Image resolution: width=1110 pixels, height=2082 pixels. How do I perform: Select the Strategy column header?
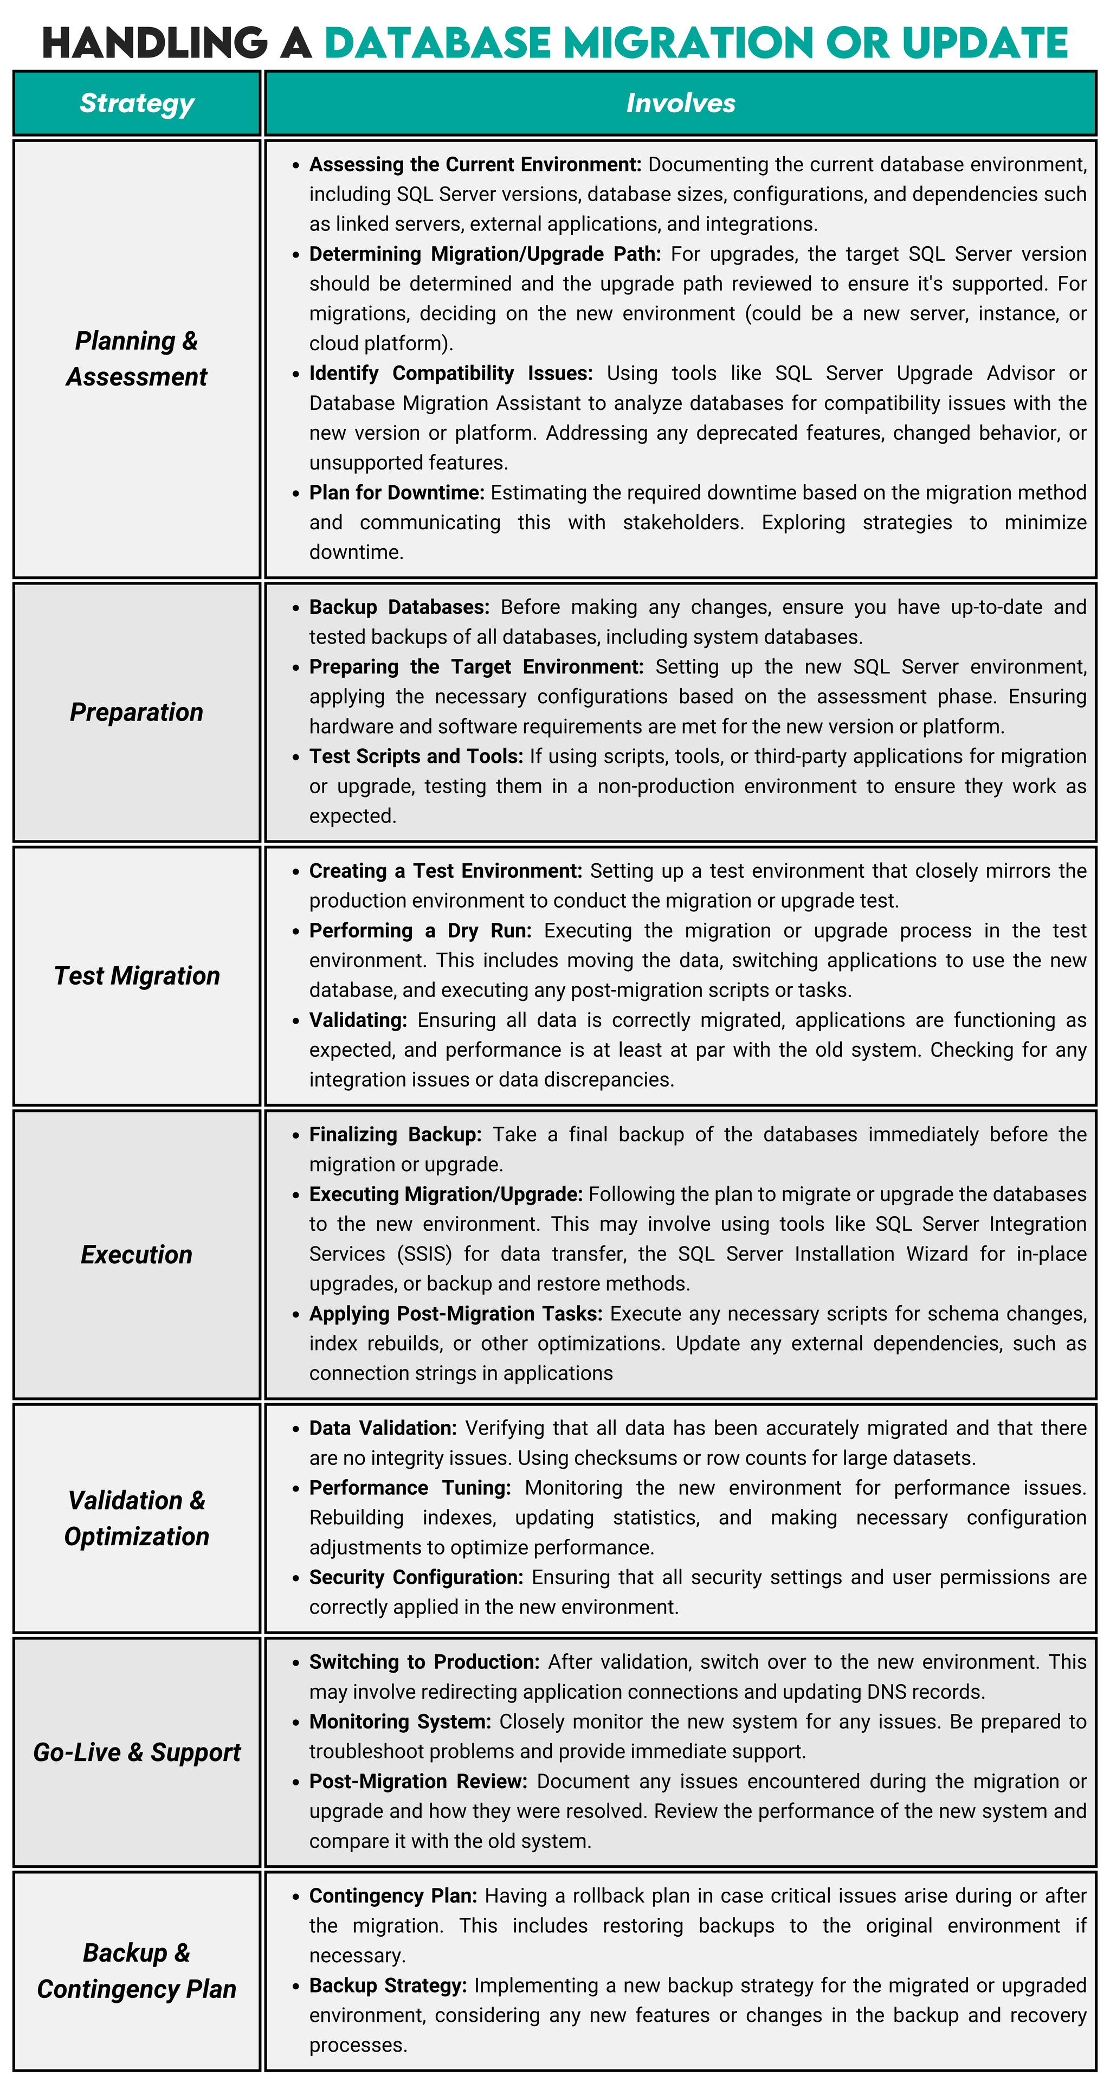click(x=137, y=104)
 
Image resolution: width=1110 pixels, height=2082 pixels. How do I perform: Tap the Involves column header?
click(x=680, y=104)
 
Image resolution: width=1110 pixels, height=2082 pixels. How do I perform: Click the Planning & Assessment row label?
click(x=137, y=359)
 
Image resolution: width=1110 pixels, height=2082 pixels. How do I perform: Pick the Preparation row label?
click(x=137, y=712)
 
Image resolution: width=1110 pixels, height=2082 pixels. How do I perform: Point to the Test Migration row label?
click(x=137, y=975)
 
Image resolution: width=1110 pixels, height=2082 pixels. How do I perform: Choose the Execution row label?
click(x=137, y=1255)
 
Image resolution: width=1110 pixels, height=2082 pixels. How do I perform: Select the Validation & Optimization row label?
click(x=137, y=1518)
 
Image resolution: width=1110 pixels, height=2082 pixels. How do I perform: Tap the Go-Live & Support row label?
click(x=137, y=1752)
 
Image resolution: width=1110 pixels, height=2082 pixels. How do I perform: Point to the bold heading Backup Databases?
click(x=399, y=608)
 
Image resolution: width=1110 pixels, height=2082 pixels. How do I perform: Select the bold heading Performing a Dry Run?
click(x=420, y=931)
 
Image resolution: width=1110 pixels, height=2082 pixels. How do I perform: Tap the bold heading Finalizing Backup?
click(x=395, y=1135)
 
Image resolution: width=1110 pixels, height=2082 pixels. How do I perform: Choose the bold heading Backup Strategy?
click(x=388, y=1986)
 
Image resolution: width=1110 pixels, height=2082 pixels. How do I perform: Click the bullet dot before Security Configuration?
click(x=296, y=1578)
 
